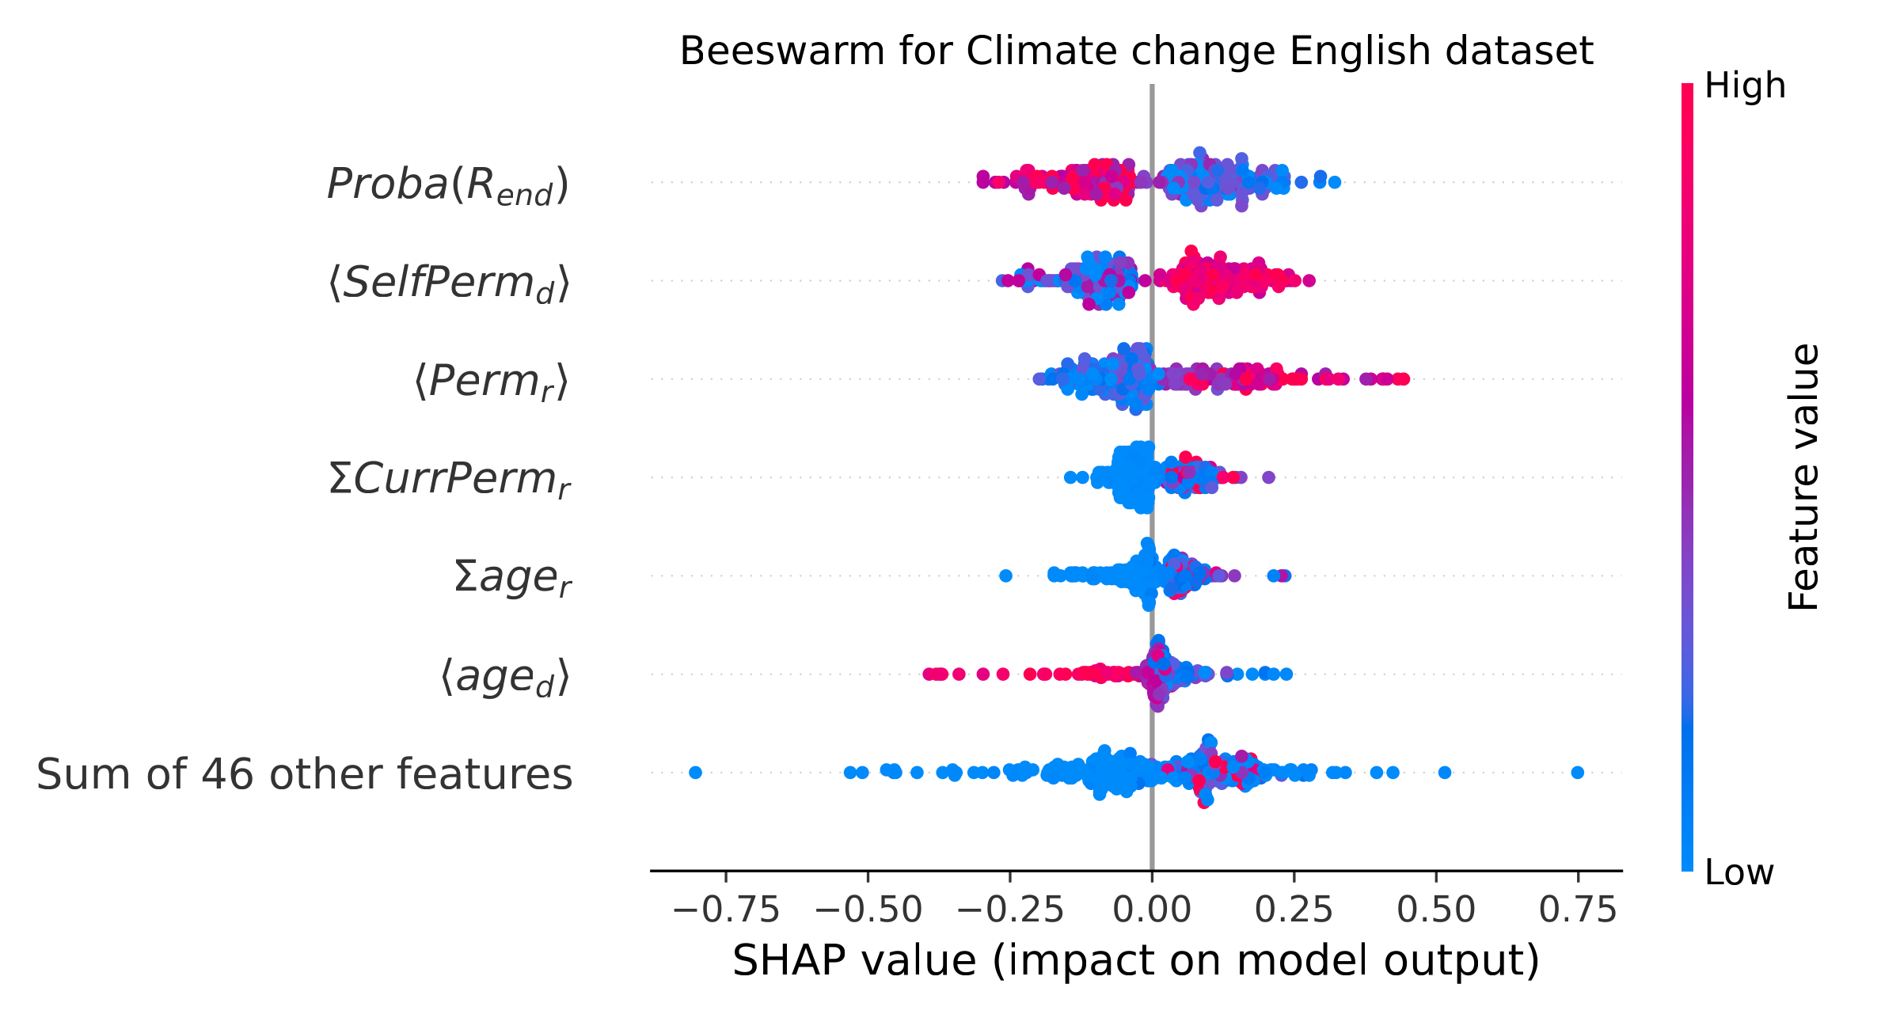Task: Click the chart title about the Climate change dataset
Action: click(x=1136, y=52)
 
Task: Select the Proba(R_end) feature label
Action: click(x=448, y=185)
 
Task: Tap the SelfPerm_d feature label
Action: click(x=449, y=283)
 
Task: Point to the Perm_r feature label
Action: click(x=491, y=382)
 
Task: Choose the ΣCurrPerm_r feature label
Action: click(x=449, y=480)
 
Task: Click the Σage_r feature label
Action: click(x=512, y=578)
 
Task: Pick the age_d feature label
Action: click(x=504, y=677)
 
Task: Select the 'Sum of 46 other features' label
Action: click(x=304, y=774)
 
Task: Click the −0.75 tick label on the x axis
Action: click(x=726, y=910)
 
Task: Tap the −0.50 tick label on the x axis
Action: click(x=868, y=910)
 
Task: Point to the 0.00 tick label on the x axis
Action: click(x=1152, y=910)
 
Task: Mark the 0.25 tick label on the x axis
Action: click(x=1294, y=910)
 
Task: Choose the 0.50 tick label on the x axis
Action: click(x=1436, y=910)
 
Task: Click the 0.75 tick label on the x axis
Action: click(x=1578, y=910)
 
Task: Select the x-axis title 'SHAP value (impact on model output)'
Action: click(x=1136, y=961)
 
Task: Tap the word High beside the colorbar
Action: click(x=1745, y=85)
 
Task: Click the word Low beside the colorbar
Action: click(x=1739, y=872)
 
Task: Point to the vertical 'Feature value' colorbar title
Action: click(x=1803, y=477)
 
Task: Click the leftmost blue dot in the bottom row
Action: click(x=695, y=773)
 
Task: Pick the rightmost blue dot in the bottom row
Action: click(x=1577, y=773)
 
